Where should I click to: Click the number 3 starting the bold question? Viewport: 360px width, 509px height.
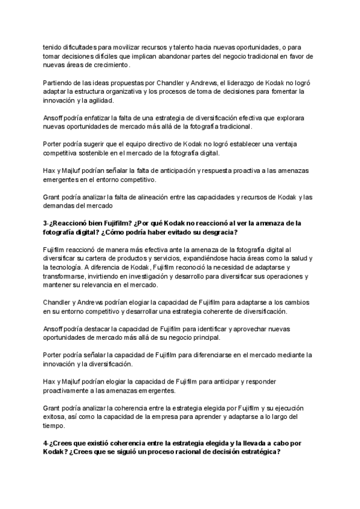[45, 223]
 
